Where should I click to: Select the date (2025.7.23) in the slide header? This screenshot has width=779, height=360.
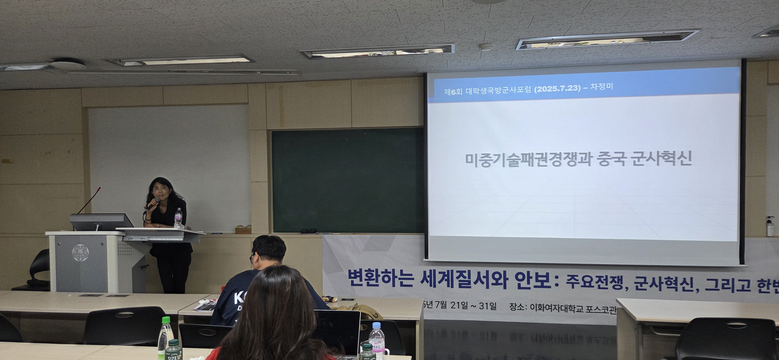(557, 88)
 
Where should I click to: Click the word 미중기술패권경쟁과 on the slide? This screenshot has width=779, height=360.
(528, 159)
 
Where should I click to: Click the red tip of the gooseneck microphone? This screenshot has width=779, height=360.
(100, 189)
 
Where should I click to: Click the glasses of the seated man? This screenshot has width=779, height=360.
(253, 258)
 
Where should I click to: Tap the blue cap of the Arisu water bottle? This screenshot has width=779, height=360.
(376, 325)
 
